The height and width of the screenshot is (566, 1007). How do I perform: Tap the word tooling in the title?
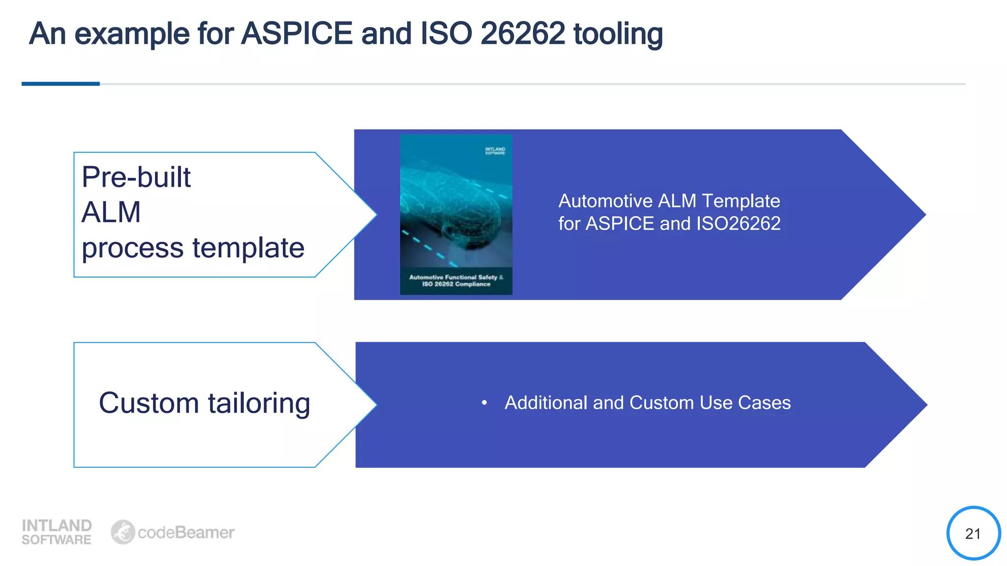click(618, 34)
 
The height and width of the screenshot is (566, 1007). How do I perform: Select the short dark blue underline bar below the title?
click(60, 84)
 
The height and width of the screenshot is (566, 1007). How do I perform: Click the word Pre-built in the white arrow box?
click(136, 177)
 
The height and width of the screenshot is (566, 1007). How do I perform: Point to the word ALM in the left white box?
click(111, 212)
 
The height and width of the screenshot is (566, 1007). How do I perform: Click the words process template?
click(193, 248)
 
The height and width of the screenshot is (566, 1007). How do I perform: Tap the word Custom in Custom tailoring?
click(148, 403)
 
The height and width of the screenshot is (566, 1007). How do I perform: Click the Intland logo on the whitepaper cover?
click(495, 151)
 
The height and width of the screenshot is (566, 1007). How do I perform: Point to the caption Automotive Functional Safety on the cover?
click(452, 277)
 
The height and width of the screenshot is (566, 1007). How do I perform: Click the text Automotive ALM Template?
click(669, 201)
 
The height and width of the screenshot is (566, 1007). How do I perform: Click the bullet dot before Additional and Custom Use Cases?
click(484, 403)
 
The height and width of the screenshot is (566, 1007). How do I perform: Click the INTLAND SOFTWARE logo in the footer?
click(57, 532)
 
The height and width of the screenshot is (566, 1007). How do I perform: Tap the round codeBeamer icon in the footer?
click(122, 532)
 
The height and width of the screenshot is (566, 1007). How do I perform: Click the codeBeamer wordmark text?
click(186, 533)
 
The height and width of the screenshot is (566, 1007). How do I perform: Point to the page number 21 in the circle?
click(973, 534)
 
